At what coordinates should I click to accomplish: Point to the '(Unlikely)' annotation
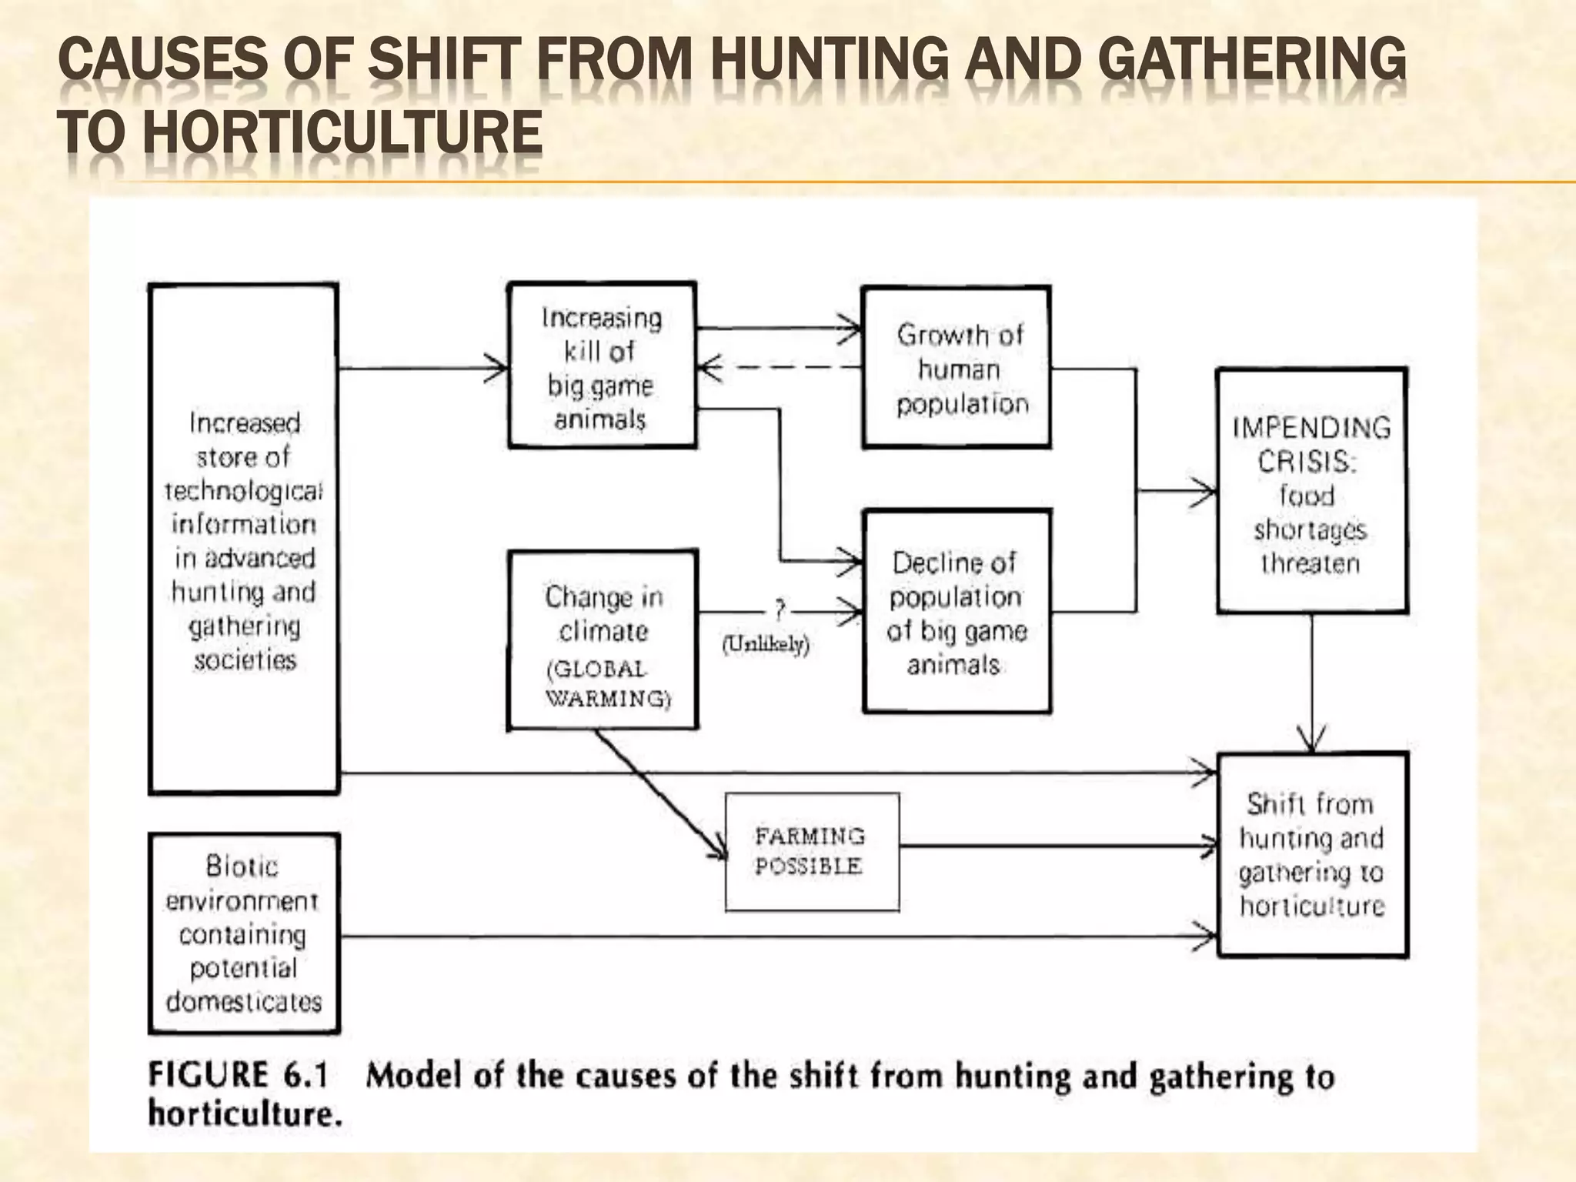[766, 644]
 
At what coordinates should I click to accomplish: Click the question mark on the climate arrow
[780, 611]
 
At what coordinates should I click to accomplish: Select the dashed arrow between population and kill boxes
[780, 368]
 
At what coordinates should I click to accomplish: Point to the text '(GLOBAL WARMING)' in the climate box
[607, 683]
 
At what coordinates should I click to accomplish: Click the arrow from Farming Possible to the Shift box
[1059, 846]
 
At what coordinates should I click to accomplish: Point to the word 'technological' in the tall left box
[243, 491]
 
